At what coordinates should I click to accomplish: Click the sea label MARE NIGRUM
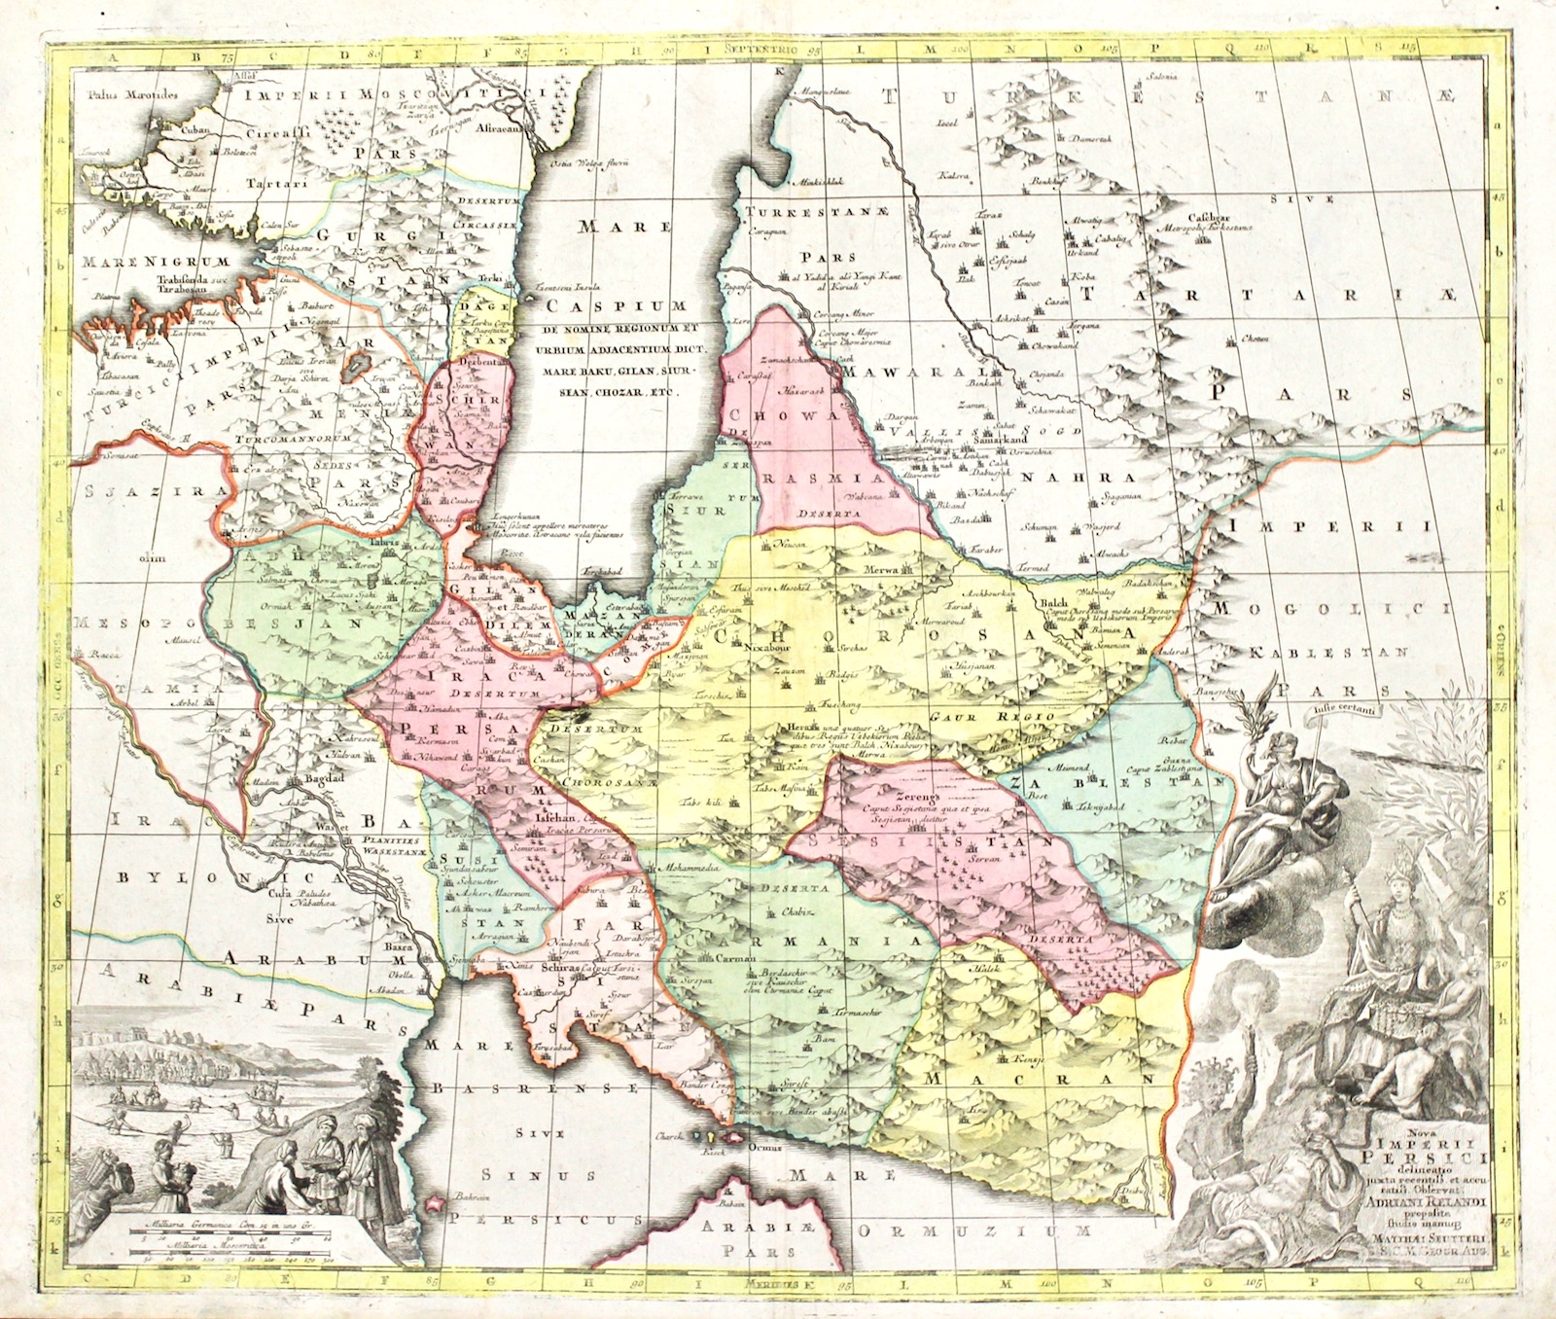(156, 262)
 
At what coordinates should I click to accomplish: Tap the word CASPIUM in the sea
(602, 307)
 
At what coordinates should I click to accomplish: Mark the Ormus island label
(764, 1147)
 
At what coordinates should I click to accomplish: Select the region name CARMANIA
(793, 942)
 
